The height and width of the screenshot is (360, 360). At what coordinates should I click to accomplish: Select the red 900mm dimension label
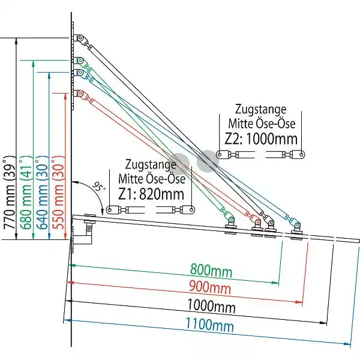click(x=210, y=287)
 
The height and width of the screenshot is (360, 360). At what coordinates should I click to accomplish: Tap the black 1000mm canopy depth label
click(x=211, y=306)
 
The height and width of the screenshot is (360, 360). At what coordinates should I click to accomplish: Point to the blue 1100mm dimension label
click(x=209, y=325)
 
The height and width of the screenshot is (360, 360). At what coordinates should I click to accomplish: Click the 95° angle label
click(x=99, y=187)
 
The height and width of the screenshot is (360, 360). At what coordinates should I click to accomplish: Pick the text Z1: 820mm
click(x=151, y=194)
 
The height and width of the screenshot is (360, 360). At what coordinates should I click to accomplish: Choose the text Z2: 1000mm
click(x=261, y=139)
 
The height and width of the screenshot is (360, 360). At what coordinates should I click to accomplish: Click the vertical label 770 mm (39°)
click(x=10, y=193)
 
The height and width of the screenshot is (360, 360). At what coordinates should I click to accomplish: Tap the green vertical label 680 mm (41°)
click(x=26, y=193)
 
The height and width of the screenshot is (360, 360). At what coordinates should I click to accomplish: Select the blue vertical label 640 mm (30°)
click(x=43, y=193)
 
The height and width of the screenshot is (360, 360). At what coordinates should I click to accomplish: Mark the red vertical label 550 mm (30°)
click(x=58, y=193)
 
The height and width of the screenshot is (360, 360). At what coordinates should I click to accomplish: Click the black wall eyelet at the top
click(x=80, y=38)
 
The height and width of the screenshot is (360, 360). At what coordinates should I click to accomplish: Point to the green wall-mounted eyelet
click(x=80, y=61)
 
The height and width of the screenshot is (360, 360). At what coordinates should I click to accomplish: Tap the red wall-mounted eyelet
click(x=80, y=93)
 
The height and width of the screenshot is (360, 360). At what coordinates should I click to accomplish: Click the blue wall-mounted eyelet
click(x=80, y=73)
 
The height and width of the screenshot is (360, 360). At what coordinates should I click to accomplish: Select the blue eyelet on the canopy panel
click(x=298, y=225)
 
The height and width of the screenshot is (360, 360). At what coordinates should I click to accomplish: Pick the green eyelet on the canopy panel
click(x=231, y=220)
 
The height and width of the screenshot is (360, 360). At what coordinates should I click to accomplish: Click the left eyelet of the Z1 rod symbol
click(x=110, y=209)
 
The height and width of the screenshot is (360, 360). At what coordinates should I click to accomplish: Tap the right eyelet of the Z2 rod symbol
click(x=301, y=154)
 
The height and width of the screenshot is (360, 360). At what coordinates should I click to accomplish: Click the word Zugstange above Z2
click(x=260, y=110)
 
